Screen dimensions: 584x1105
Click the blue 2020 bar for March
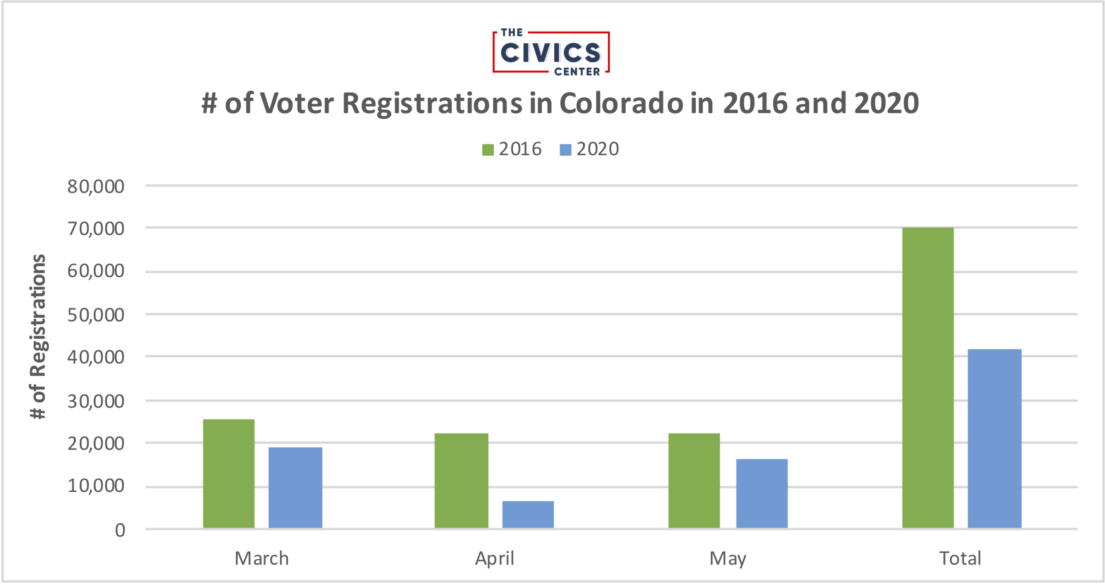295,488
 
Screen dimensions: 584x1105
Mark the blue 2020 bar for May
762,493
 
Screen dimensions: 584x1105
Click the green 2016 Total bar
928,378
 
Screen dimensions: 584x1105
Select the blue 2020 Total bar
994,439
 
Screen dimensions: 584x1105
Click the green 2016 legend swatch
488,150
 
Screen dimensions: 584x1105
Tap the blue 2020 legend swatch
565,150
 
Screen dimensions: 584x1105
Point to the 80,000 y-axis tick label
96,187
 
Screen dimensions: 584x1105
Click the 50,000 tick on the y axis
96,315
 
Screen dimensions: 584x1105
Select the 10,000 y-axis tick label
96,486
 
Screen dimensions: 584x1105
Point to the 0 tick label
120,530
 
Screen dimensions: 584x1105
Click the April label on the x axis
495,558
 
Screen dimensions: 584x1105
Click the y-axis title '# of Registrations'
38,337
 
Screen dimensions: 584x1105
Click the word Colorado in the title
621,103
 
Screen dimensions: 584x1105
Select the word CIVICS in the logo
550,53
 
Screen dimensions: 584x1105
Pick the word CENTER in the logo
577,72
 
